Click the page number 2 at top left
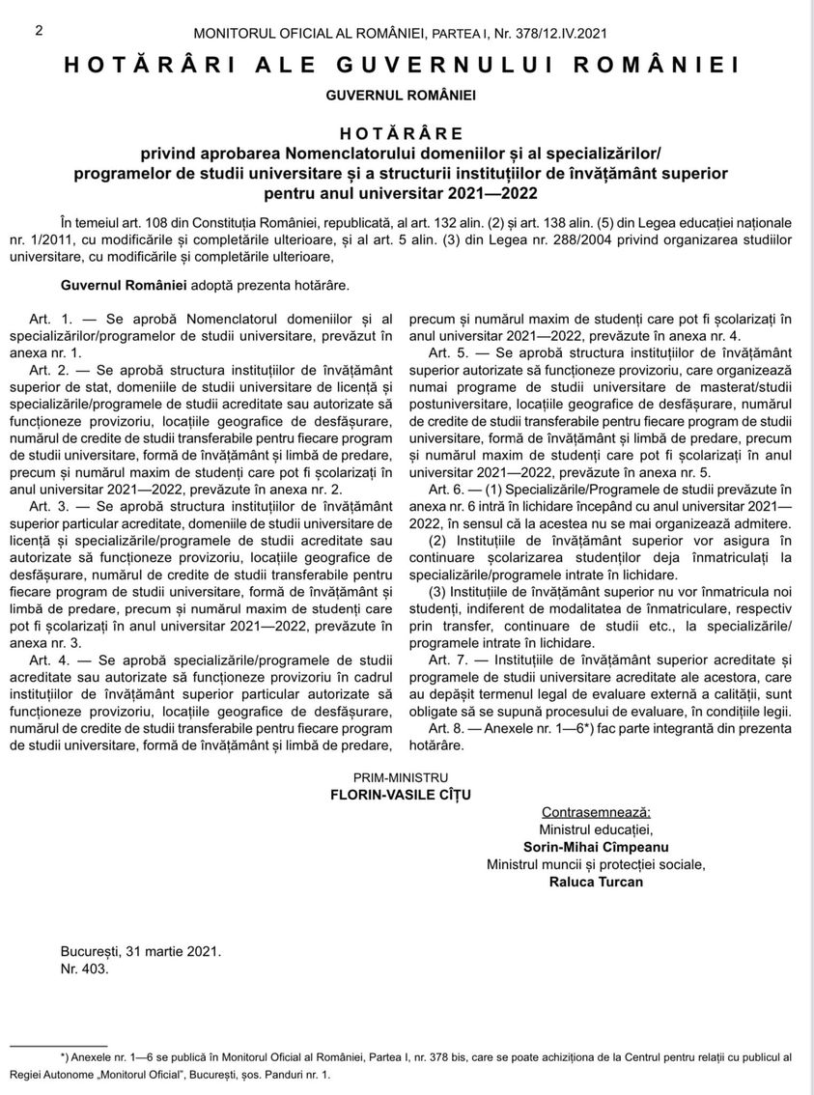coord(39,30)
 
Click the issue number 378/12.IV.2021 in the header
coord(547,33)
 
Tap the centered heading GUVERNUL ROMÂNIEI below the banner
coord(401,96)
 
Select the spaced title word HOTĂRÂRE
coord(401,132)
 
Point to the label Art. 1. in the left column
coord(51,319)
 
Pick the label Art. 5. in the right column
coord(449,353)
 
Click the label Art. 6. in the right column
coord(449,490)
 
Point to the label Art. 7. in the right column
coord(449,660)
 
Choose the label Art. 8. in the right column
coord(449,727)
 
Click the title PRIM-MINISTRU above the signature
coord(401,776)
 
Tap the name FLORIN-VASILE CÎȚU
coord(401,795)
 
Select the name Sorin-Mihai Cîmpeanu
coord(596,847)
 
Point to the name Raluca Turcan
coord(596,882)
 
